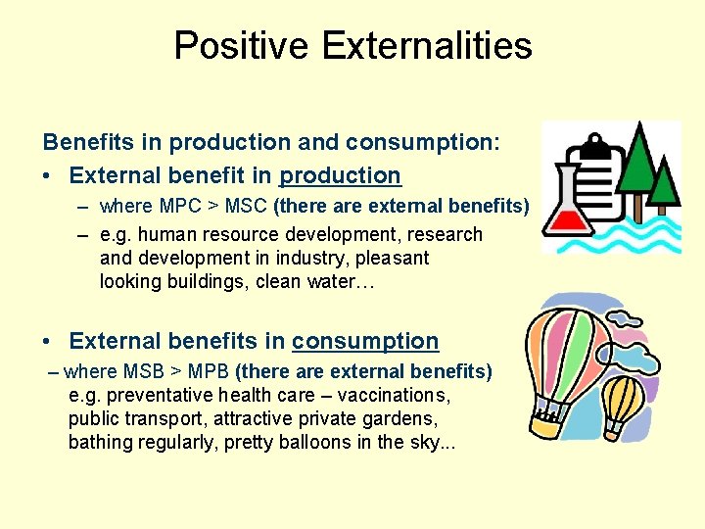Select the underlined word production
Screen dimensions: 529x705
tap(341, 176)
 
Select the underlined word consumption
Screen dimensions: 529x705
tap(365, 342)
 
